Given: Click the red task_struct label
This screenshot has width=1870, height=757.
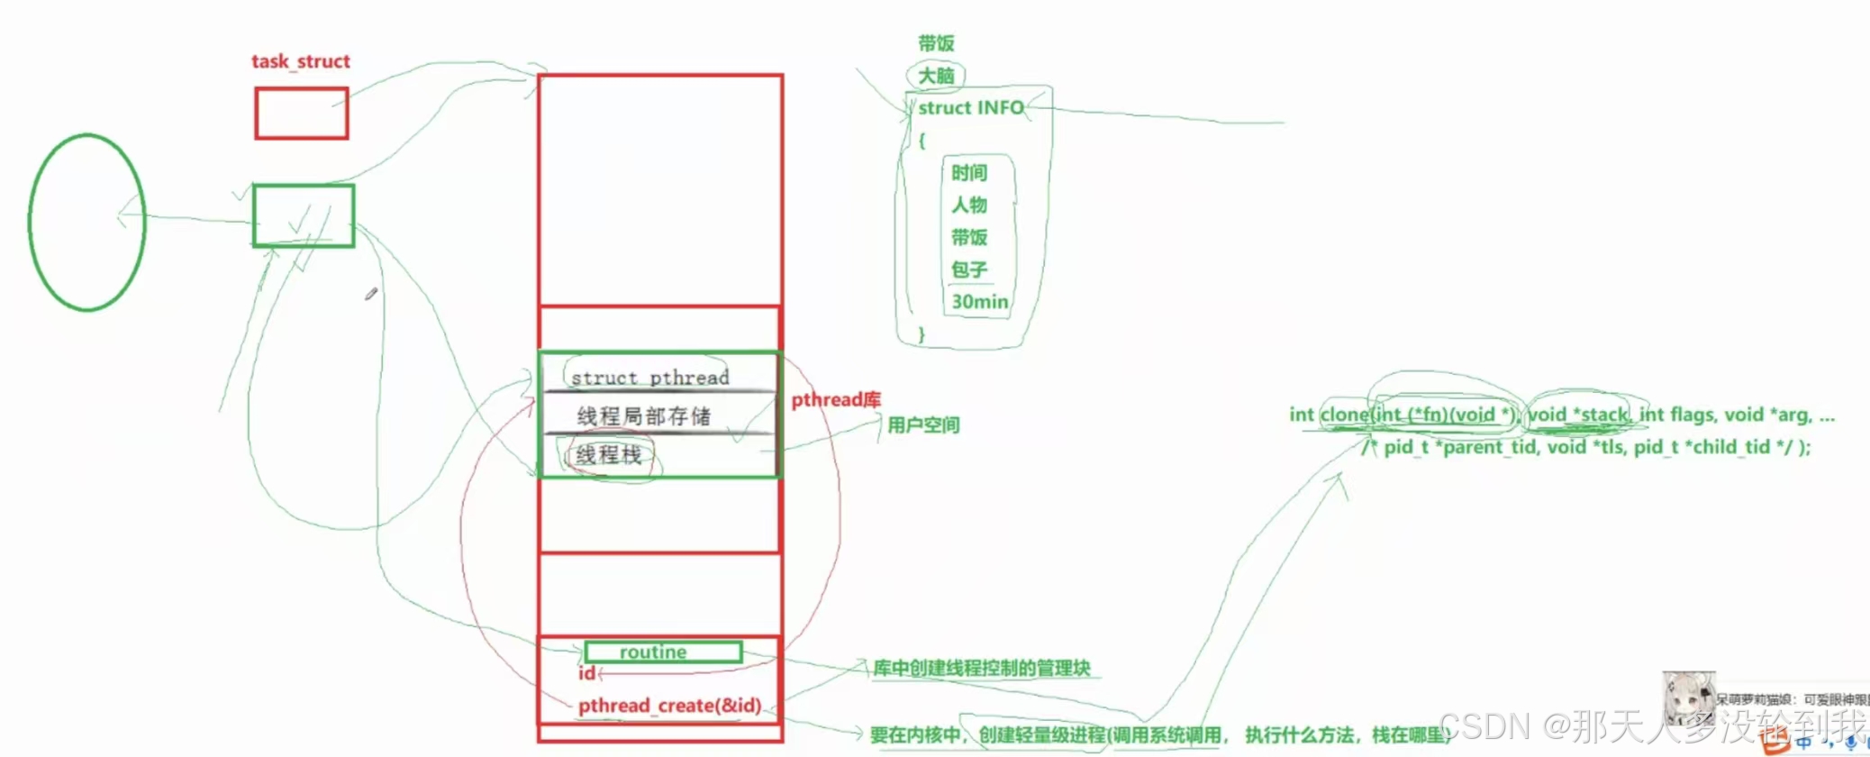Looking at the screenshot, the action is pos(300,61).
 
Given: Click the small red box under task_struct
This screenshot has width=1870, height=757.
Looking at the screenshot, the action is pos(301,114).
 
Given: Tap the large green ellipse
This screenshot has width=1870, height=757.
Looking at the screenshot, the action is pos(86,223).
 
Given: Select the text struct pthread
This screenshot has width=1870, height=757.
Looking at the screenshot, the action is pos(649,378).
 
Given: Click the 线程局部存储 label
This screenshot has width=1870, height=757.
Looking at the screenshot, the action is pos(643,415).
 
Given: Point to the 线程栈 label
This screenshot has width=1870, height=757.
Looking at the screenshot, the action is pos(609,455).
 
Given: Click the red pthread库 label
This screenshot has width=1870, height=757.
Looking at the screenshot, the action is pos(835,399).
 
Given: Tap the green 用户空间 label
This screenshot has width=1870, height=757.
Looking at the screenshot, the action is pos(923,424).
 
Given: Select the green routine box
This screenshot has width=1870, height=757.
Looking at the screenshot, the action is pos(662,652).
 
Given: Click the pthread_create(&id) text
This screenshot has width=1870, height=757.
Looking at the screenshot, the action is pos(669,705).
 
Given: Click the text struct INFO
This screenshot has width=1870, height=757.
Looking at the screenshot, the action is pos(970,108).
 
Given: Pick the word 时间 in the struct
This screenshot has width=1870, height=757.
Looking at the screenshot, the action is pos(969,172).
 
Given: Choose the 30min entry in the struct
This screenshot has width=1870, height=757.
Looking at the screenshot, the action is pos(979,302).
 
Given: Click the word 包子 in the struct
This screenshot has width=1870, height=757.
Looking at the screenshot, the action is pos(969,269).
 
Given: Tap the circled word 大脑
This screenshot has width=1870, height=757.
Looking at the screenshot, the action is pos(936,76).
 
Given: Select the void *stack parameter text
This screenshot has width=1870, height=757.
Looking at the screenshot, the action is pos(1578,415).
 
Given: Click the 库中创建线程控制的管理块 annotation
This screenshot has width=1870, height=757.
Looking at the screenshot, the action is pos(981,668).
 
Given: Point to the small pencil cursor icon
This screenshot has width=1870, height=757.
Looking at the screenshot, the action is pos(370,294).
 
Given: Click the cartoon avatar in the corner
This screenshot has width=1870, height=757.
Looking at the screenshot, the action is pos(1687,698).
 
